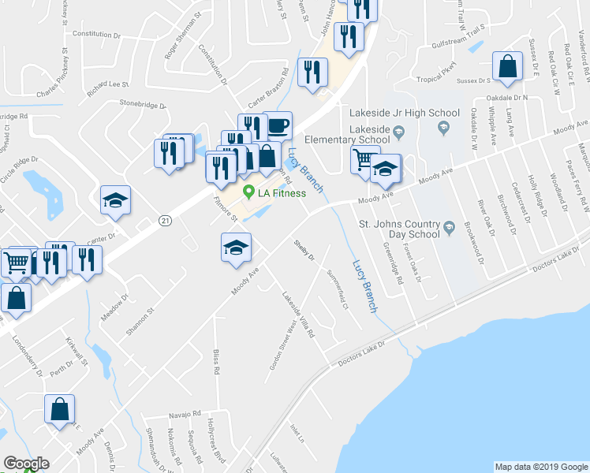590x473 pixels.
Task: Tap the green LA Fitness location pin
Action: click(x=249, y=191)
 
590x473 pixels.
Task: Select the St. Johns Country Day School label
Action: click(x=398, y=229)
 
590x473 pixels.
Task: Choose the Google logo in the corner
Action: click(x=26, y=464)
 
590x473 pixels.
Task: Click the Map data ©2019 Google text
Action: click(x=541, y=467)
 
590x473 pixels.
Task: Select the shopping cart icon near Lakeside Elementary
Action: click(x=364, y=160)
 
